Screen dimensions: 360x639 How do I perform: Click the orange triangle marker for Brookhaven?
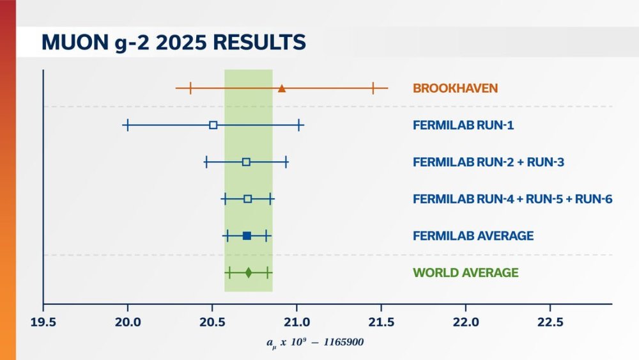point(282,88)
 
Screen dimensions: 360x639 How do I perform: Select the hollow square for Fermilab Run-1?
point(213,125)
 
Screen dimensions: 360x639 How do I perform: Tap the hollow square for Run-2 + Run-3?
point(246,162)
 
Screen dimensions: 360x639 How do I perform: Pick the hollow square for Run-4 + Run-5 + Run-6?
point(248,199)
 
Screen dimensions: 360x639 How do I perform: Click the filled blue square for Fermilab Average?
point(247,236)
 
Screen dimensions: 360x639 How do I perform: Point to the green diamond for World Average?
point(249,273)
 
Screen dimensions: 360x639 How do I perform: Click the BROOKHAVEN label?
point(455,88)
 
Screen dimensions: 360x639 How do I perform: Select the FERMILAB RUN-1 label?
point(463,125)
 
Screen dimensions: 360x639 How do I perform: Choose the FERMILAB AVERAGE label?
point(473,236)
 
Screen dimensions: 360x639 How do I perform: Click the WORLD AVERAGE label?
point(466,273)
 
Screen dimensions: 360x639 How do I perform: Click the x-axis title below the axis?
point(315,343)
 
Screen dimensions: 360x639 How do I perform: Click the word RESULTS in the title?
point(259,42)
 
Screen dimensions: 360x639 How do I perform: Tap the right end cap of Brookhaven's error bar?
point(387,88)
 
